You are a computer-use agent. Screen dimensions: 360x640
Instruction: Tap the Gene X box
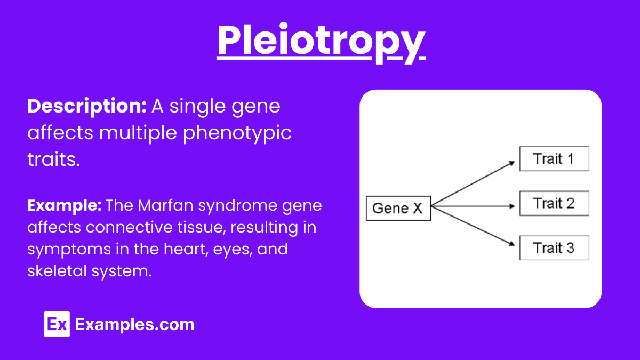tap(398, 208)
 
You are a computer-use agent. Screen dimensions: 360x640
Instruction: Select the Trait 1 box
tap(554, 159)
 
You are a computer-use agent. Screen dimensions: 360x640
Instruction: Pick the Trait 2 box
tap(554, 203)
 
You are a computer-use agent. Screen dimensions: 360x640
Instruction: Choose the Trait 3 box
tap(554, 248)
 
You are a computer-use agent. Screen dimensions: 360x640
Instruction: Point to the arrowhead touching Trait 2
tap(515, 206)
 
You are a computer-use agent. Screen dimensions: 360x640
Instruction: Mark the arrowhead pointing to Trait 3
tap(515, 245)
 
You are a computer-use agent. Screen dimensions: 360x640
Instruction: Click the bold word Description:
tap(87, 107)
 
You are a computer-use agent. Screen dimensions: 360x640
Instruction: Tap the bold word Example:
tap(65, 205)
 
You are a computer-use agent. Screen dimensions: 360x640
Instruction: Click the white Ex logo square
tap(57, 324)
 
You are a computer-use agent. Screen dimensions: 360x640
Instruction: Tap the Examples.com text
tap(134, 324)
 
